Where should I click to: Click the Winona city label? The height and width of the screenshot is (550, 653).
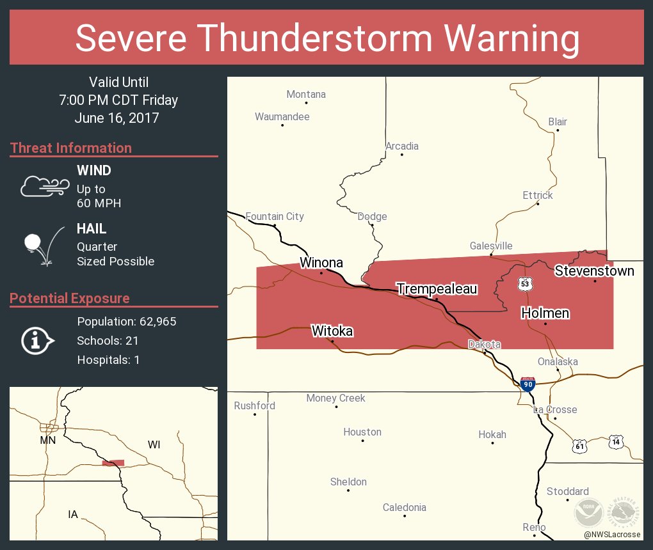(321, 263)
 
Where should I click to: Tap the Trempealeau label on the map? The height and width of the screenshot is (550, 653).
(437, 289)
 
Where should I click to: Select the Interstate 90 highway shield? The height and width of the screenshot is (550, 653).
(528, 384)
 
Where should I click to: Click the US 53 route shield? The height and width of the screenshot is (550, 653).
(525, 283)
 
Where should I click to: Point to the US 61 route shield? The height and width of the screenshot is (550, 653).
(579, 446)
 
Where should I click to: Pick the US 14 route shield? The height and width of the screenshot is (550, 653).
(616, 442)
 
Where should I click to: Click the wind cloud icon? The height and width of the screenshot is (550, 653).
(44, 186)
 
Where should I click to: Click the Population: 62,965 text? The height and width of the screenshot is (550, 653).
(126, 322)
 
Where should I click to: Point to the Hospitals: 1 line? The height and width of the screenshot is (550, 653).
(108, 360)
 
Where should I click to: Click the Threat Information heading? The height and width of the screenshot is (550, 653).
(71, 148)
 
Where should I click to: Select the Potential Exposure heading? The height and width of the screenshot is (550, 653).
(70, 299)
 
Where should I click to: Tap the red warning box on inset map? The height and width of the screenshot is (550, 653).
(113, 463)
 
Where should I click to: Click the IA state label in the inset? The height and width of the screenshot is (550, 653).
(73, 514)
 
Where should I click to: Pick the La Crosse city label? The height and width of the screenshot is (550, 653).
(555, 409)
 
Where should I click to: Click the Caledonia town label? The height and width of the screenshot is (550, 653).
(404, 508)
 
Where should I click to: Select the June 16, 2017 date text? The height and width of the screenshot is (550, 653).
(117, 118)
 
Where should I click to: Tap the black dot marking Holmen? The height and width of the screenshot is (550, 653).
(545, 324)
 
